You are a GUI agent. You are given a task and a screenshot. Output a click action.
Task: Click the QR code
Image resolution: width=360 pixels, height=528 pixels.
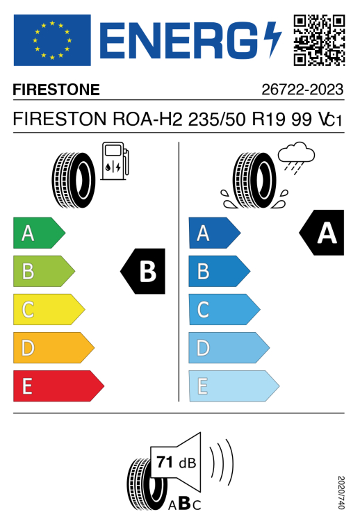pyautogui.click(x=319, y=40)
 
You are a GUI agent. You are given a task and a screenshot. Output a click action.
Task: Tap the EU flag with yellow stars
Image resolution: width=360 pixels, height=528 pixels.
pyautogui.click(x=52, y=40)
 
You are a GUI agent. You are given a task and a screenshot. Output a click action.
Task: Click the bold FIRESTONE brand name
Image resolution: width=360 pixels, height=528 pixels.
pyautogui.click(x=56, y=90)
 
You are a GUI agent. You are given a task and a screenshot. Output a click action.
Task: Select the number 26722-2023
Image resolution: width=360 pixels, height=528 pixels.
pyautogui.click(x=302, y=90)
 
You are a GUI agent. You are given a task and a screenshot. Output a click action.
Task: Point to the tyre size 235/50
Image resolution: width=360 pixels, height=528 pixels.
pyautogui.click(x=217, y=119)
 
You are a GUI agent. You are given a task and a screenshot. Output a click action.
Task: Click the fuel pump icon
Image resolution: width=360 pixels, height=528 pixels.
pyautogui.click(x=115, y=160)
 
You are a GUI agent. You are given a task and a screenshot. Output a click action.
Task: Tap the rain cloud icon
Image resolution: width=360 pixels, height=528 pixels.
pyautogui.click(x=296, y=157)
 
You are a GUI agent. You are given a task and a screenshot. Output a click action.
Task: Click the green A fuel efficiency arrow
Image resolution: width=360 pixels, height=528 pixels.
pyautogui.click(x=39, y=233)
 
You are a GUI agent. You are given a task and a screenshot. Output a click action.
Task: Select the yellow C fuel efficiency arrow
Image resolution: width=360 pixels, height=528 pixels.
pyautogui.click(x=49, y=309)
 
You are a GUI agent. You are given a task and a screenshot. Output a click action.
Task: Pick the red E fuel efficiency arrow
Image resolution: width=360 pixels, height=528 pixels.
pyautogui.click(x=58, y=386)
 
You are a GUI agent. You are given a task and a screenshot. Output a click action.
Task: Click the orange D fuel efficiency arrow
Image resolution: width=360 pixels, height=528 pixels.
pyautogui.click(x=54, y=347)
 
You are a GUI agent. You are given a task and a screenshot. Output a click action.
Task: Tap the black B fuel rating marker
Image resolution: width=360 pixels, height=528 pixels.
pyautogui.click(x=142, y=271)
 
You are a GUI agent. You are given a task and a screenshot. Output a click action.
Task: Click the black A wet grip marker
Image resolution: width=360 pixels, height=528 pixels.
pyautogui.click(x=322, y=232)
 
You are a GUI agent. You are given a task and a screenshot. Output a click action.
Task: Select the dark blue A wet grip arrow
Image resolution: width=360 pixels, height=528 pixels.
pyautogui.click(x=215, y=233)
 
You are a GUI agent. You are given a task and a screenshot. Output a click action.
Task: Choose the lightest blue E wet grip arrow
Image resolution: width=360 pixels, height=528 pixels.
pyautogui.click(x=234, y=386)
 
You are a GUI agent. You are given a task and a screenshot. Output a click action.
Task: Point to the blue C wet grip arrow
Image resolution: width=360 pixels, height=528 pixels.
pyautogui.click(x=224, y=309)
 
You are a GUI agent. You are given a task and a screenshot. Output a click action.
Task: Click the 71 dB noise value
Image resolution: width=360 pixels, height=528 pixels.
pyautogui.click(x=176, y=462)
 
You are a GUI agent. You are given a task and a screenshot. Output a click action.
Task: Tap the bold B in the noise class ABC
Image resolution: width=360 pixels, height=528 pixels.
pyautogui.click(x=185, y=504)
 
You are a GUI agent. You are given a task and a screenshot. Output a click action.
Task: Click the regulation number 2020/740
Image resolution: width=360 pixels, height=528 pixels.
pyautogui.click(x=341, y=493)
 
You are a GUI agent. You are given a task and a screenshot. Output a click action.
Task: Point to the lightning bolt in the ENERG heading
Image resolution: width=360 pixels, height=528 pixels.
pyautogui.click(x=272, y=40)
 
